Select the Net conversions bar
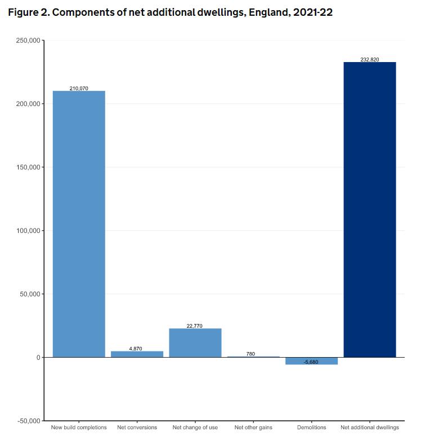tap(137, 354)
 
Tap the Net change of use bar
tap(195, 343)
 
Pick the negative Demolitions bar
tap(311, 361)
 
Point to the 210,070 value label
tap(79, 89)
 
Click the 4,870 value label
tap(136, 349)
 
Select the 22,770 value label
tap(195, 326)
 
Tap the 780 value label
tap(250, 354)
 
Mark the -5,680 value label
tap(311, 362)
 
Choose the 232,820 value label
tap(369, 59)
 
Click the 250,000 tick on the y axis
tap(26, 41)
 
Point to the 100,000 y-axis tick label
tap(26, 231)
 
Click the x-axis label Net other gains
tap(253, 428)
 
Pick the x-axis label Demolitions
tap(312, 428)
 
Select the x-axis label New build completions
tap(79, 428)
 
